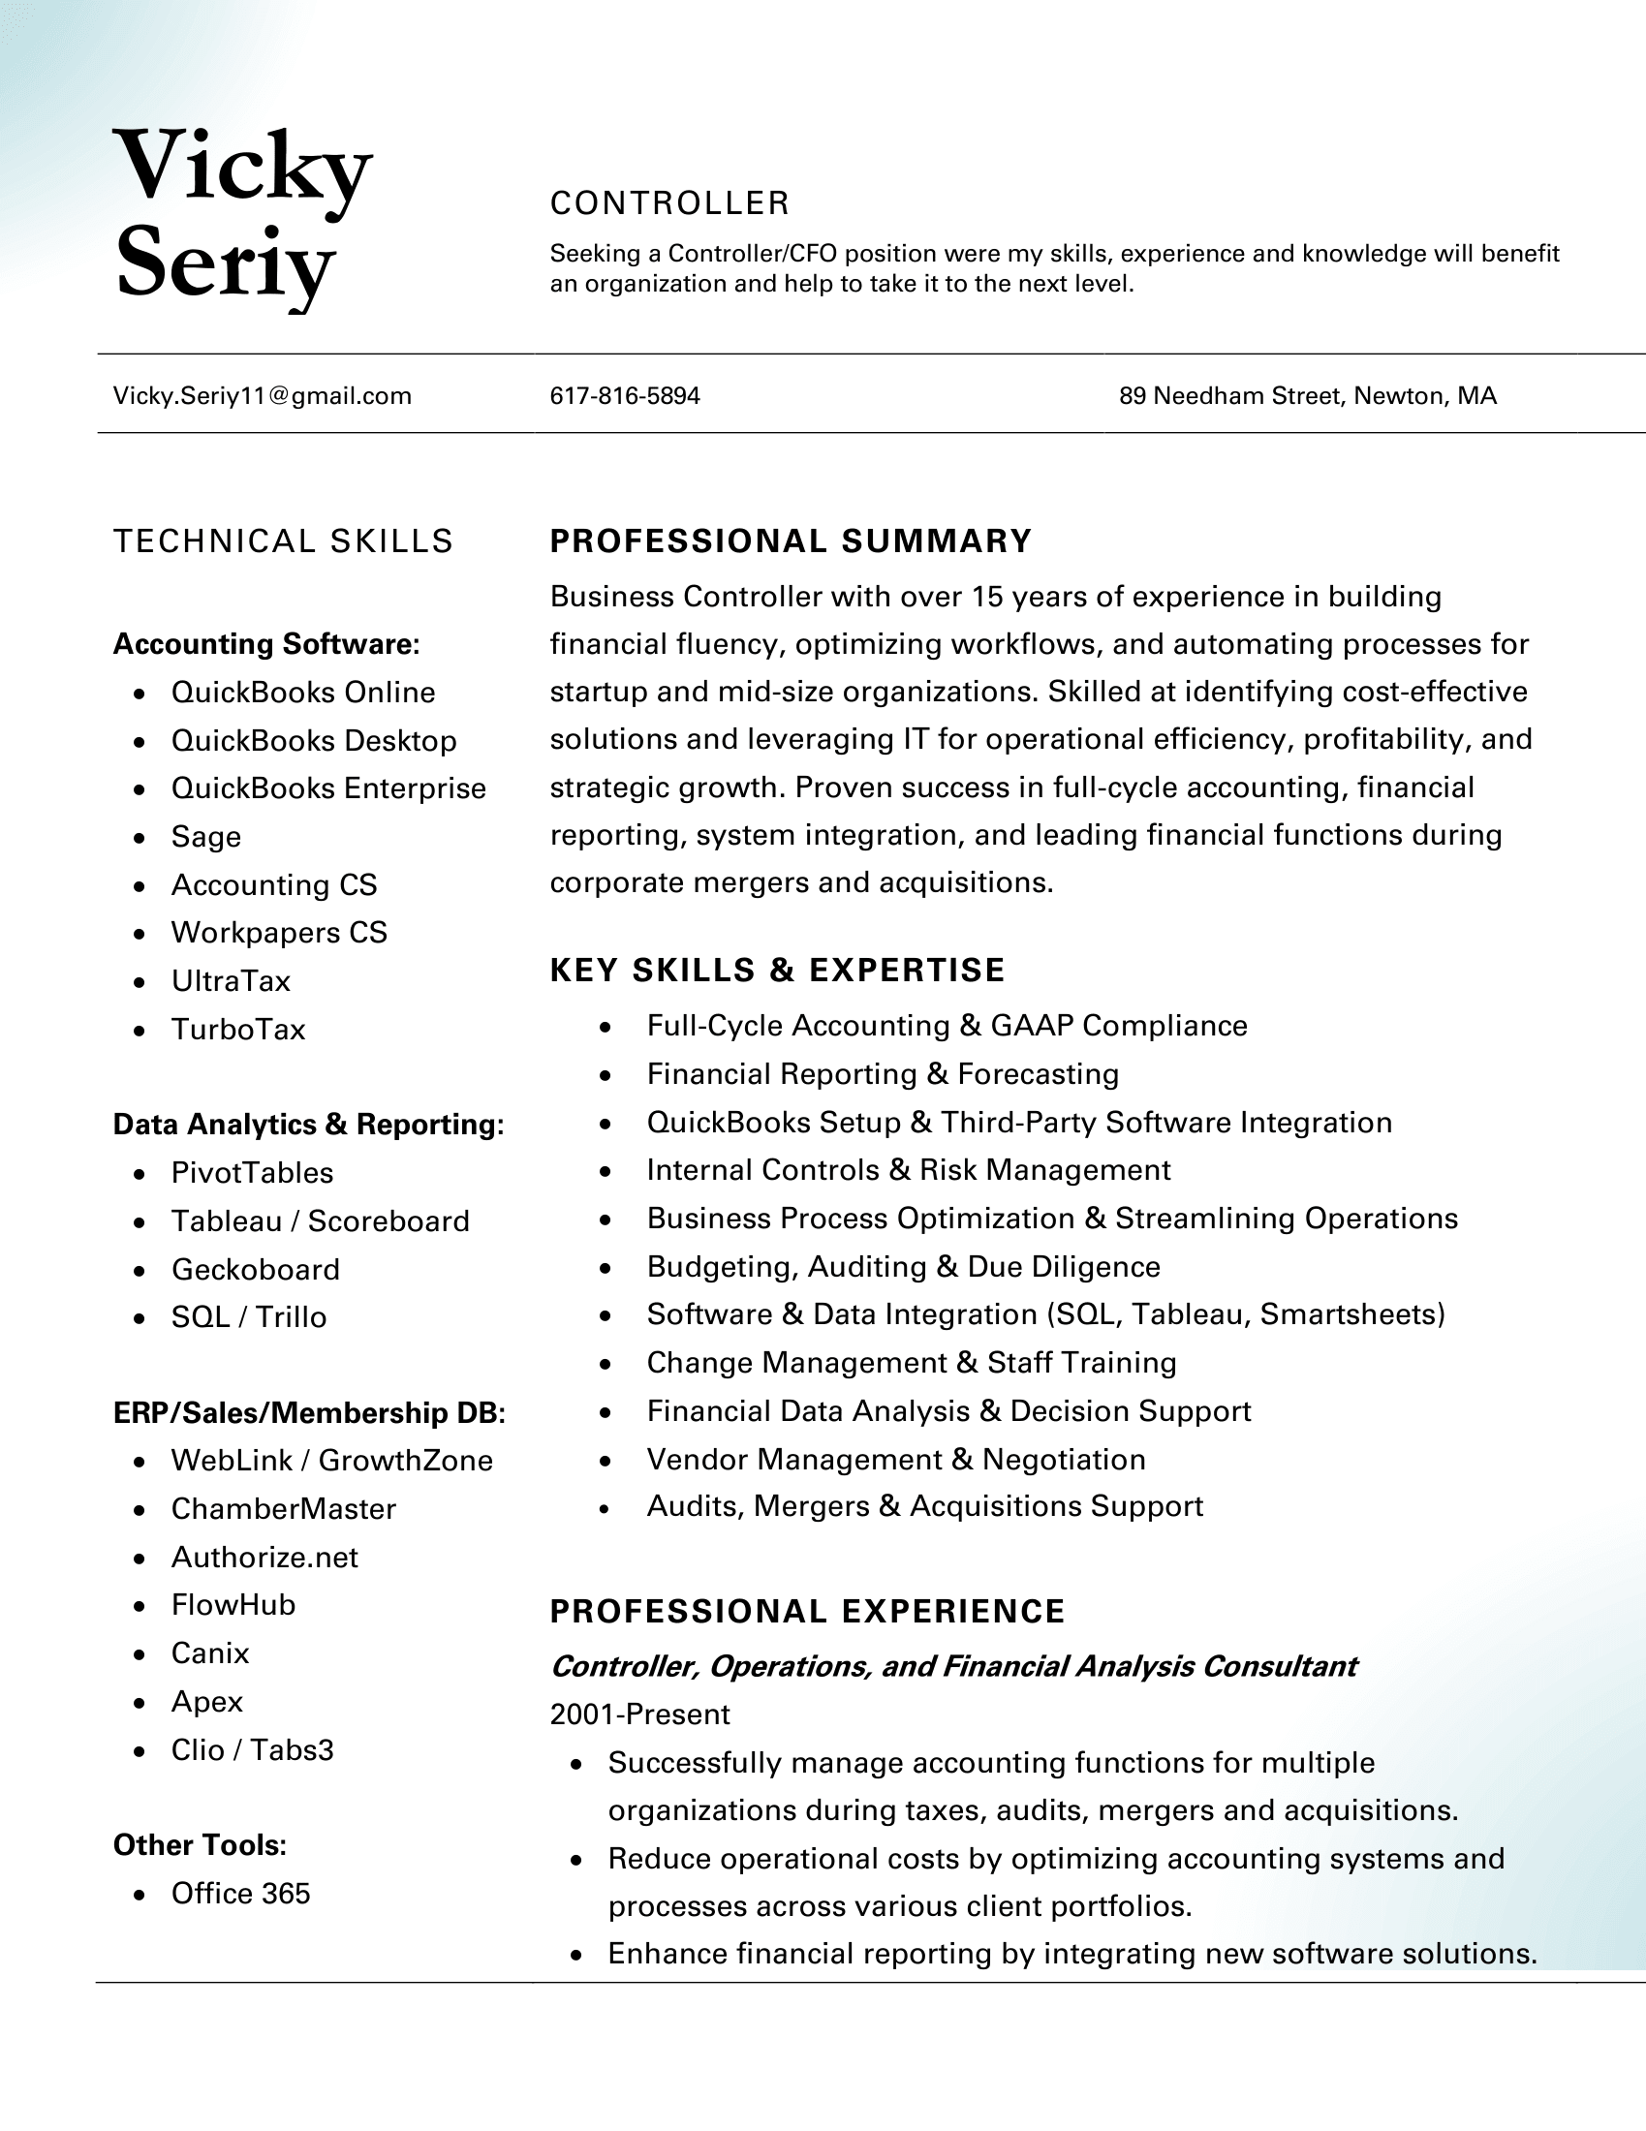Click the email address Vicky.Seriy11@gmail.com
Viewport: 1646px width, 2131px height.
pos(262,396)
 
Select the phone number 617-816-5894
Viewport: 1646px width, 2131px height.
pos(625,396)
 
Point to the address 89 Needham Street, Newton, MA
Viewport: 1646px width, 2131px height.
pos(1308,396)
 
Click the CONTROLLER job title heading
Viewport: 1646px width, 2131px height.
pos(669,203)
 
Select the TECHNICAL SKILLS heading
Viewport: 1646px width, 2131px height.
pos(283,541)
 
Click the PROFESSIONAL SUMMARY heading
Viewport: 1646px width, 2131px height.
pos(791,541)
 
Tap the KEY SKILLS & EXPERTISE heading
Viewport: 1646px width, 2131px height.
pos(777,970)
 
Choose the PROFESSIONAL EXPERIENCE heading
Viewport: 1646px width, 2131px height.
pos(807,1611)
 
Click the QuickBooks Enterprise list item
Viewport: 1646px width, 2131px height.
pos(327,788)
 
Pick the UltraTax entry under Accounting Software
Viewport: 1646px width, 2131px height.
pos(231,980)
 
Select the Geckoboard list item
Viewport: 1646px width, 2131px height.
pos(256,1270)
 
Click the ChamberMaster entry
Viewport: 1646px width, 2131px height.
pos(283,1508)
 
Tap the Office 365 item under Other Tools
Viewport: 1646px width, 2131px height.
pos(240,1893)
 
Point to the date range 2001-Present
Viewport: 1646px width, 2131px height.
pos(640,1714)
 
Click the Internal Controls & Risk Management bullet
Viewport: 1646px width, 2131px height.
pos(908,1170)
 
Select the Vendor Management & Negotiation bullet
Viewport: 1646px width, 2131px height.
pos(896,1459)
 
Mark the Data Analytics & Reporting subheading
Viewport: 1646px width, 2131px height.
pos(308,1124)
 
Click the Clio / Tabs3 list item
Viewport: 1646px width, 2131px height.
pos(252,1749)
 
